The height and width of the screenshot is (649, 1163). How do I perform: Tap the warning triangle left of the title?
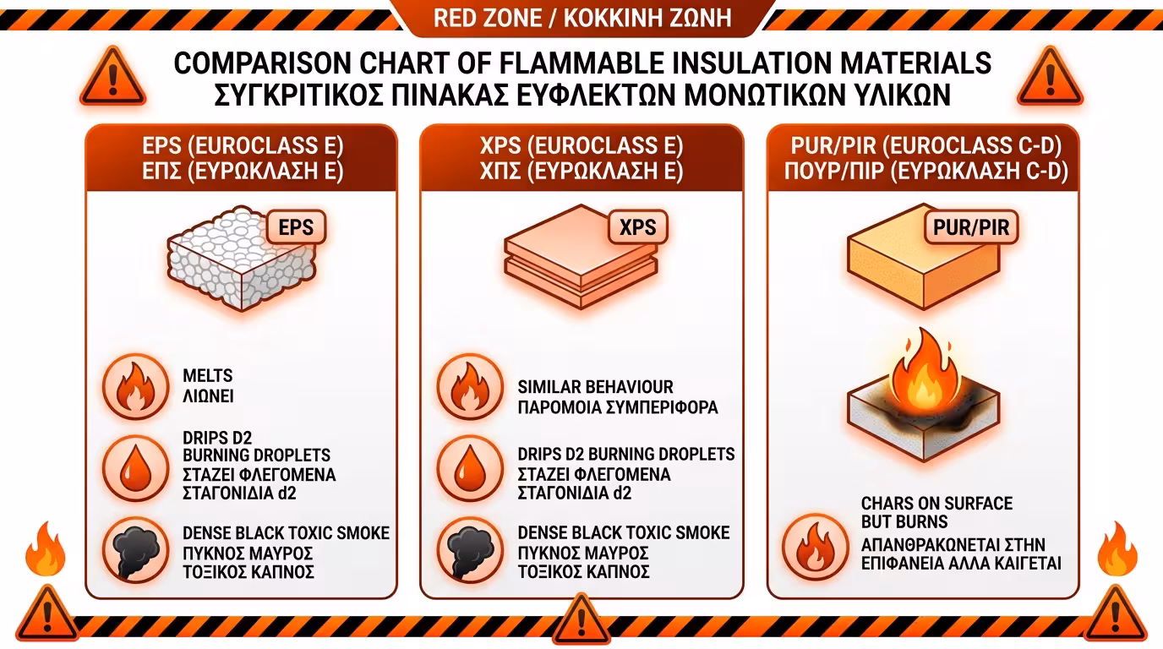pyautogui.click(x=112, y=78)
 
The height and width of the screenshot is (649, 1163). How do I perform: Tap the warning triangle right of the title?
pyautogui.click(x=1050, y=78)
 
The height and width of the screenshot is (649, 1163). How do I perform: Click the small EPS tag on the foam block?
pyautogui.click(x=296, y=227)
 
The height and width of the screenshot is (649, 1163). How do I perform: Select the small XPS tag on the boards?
pyautogui.click(x=637, y=227)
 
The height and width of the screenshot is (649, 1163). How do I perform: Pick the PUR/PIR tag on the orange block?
pyautogui.click(x=971, y=227)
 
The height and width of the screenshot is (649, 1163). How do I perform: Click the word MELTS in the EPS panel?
pyautogui.click(x=208, y=375)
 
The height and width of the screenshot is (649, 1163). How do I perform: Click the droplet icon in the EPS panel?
pyautogui.click(x=135, y=468)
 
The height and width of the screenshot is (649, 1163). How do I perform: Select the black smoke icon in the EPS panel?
pyautogui.click(x=135, y=550)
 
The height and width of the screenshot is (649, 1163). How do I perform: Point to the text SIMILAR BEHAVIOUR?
pyautogui.click(x=596, y=387)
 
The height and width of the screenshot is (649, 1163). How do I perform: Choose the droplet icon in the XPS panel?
pyautogui.click(x=470, y=468)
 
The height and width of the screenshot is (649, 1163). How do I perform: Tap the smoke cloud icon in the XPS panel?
pyautogui.click(x=470, y=550)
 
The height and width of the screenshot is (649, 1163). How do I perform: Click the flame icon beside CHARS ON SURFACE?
pyautogui.click(x=815, y=547)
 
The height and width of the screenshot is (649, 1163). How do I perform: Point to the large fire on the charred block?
pyautogui.click(x=925, y=372)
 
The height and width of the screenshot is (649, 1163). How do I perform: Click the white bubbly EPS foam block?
pyautogui.click(x=242, y=259)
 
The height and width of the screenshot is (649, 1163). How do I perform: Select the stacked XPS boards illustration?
pyautogui.click(x=581, y=257)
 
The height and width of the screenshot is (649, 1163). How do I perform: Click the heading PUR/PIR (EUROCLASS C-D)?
pyautogui.click(x=926, y=146)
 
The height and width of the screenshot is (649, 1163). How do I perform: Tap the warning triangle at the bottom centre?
pyautogui.click(x=581, y=619)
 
